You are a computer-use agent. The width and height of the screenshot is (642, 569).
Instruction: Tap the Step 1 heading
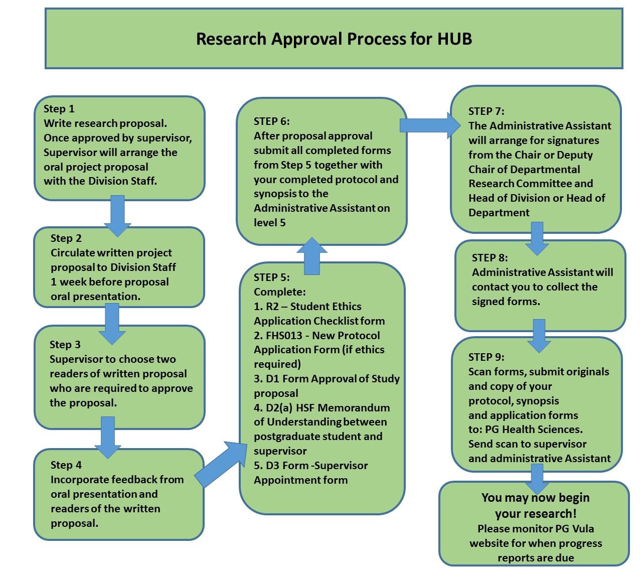(59, 109)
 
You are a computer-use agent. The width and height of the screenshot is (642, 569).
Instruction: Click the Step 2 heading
(66, 238)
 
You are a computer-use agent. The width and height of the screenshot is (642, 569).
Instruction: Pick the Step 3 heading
(65, 345)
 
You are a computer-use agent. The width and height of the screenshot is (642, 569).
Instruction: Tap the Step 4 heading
(66, 465)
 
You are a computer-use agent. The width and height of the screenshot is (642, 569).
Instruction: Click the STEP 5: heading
(271, 277)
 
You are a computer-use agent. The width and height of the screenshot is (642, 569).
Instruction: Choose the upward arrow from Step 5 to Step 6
(311, 256)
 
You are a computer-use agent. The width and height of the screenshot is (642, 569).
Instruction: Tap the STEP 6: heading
(271, 121)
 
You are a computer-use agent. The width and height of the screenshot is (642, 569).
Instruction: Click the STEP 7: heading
(486, 111)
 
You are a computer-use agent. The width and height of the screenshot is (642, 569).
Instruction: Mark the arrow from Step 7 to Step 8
(537, 238)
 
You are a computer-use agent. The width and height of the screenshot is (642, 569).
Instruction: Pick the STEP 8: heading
(490, 258)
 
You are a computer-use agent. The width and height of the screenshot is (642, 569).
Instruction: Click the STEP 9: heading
(486, 357)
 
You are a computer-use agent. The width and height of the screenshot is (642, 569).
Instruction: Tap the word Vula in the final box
(582, 529)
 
